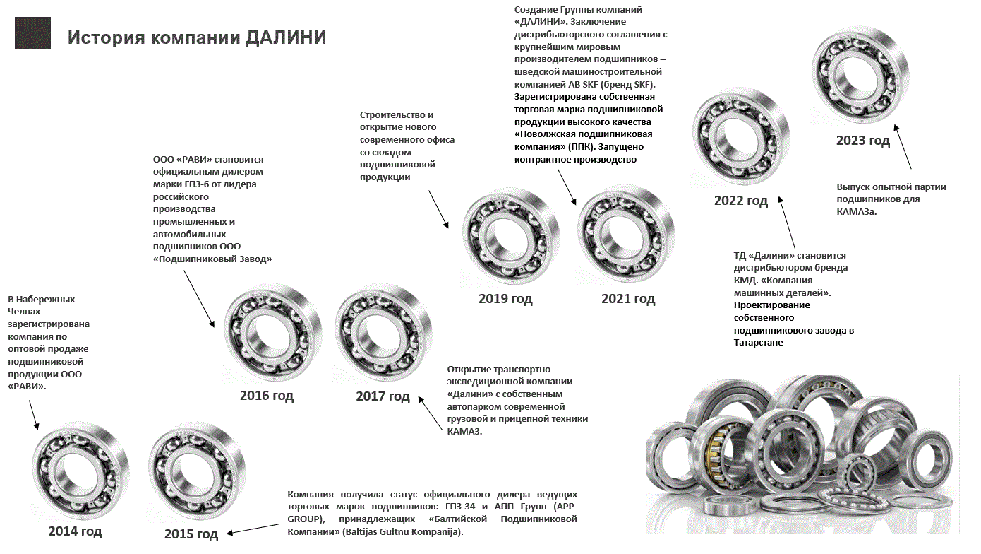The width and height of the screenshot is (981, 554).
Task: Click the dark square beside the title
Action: tap(33, 33)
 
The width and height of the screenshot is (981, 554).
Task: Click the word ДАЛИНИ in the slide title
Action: tap(286, 37)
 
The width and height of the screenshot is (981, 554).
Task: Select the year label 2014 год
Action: tap(75, 531)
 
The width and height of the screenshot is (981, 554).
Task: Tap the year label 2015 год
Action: tap(191, 534)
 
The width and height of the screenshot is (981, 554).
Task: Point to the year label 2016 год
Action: tap(266, 395)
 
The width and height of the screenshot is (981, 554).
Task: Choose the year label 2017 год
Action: tap(383, 396)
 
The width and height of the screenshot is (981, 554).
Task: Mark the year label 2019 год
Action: tap(505, 299)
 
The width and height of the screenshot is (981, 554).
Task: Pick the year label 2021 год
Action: tap(628, 299)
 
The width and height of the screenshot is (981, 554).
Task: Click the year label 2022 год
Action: tap(741, 201)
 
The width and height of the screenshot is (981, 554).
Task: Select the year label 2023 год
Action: tap(862, 141)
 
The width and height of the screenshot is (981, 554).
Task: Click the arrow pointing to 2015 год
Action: tap(253, 529)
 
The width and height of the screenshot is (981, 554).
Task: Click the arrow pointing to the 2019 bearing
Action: tap(438, 209)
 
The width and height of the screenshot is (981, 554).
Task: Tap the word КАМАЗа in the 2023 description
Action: tap(857, 212)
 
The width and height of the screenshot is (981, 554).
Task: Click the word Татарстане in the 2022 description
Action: tap(758, 343)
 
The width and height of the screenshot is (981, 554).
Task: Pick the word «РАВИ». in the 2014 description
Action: tap(27, 387)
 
